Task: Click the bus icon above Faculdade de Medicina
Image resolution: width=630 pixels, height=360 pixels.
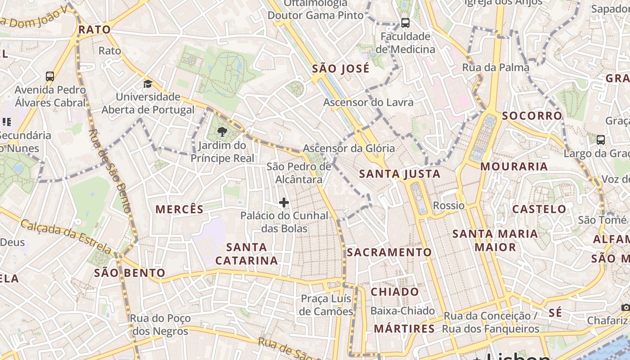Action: tap(405, 22)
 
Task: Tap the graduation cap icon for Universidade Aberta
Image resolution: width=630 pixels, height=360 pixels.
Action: tap(148, 84)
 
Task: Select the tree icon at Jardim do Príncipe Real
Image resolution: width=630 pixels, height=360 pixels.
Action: tap(222, 132)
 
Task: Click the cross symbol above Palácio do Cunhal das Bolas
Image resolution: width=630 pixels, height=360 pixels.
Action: tap(284, 202)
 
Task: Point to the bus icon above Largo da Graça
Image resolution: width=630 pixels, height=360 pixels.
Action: tap(601, 139)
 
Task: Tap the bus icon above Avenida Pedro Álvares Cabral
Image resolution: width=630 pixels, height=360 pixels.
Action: tap(50, 76)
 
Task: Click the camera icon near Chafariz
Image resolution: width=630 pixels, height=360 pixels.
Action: tap(625, 307)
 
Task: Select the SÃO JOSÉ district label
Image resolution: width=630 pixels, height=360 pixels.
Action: tap(341, 69)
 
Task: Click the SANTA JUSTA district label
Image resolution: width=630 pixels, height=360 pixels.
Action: tap(400, 174)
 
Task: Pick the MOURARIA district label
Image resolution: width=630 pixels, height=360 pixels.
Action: tap(514, 166)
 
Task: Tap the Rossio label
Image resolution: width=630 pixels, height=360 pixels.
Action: tap(449, 206)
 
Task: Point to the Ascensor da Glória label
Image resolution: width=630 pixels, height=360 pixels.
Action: tap(349, 148)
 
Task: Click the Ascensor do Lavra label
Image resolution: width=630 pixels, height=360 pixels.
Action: tap(368, 102)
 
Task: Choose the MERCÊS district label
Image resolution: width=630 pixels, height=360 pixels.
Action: tap(180, 209)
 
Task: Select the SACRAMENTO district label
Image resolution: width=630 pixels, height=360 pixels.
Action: tap(389, 252)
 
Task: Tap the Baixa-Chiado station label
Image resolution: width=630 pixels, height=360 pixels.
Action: tap(402, 311)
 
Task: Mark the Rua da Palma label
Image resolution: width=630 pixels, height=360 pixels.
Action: tap(495, 67)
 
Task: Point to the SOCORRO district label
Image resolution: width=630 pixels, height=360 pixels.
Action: tap(532, 116)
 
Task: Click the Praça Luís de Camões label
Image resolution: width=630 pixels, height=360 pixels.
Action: tap(327, 305)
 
